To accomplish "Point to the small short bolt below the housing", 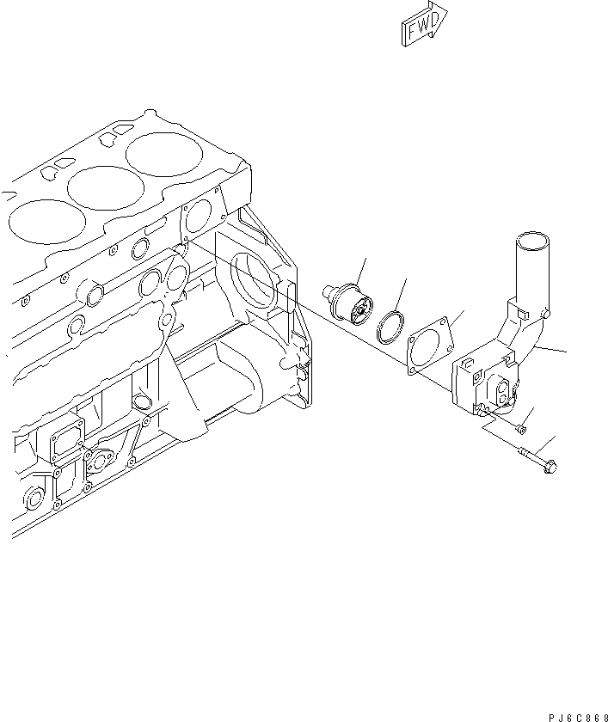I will click(516, 425).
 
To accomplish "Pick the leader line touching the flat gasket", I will click(462, 315).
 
